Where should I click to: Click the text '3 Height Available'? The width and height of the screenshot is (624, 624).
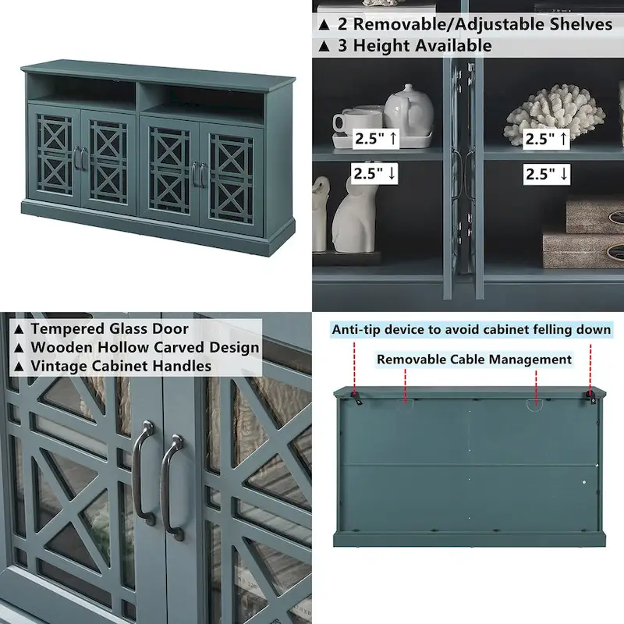413,45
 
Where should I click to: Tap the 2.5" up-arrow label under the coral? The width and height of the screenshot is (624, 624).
546,139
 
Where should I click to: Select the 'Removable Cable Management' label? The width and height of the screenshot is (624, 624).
474,360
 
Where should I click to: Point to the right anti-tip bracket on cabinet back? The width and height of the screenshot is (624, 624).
590,398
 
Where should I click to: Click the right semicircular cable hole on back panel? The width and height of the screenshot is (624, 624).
536,403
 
